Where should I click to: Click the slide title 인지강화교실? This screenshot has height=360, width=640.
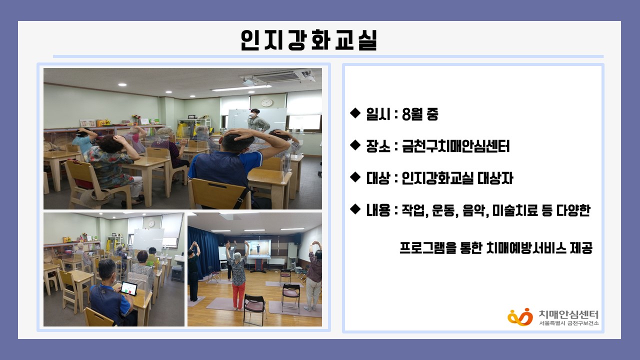308,40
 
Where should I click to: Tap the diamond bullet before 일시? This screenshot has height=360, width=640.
355,113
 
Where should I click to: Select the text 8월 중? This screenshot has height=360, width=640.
419,114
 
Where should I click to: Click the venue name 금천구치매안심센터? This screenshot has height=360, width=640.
455,146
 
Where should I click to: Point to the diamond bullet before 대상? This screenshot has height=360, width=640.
355,177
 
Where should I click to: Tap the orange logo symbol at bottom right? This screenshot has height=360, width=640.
520,317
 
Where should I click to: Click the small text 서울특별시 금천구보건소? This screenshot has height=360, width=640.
568,323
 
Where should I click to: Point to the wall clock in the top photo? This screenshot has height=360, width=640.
267,103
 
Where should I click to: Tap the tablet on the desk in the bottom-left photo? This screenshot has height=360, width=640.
128,288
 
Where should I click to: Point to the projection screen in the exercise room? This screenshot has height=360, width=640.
259,249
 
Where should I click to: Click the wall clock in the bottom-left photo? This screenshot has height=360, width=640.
151,223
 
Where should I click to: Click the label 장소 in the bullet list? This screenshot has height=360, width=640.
378,146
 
